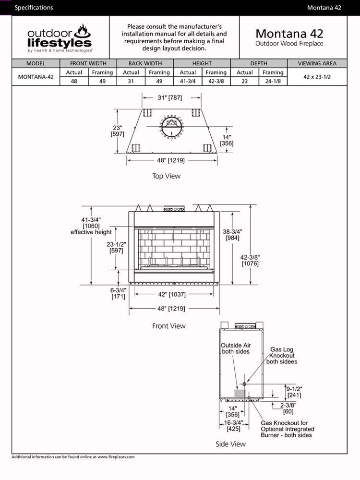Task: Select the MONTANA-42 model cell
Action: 36,77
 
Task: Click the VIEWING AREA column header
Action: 317,63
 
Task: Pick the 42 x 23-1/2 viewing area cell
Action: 317,77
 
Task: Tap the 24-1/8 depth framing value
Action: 273,81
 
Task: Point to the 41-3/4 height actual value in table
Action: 188,81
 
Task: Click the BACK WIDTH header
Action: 145,63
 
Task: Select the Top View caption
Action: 166,176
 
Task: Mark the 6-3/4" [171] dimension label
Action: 118,293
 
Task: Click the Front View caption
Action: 168,326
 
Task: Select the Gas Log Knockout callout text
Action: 282,356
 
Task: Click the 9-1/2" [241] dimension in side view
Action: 294,392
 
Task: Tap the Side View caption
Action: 231,444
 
